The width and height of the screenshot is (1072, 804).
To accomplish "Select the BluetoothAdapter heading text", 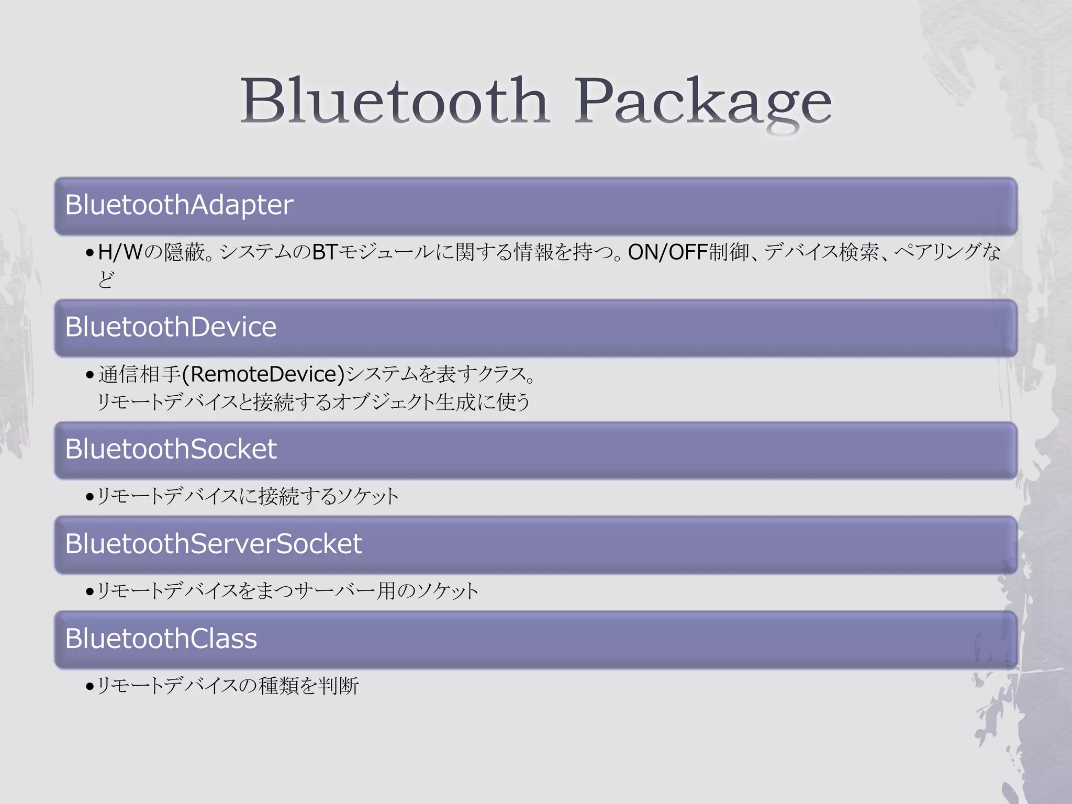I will point(179,205).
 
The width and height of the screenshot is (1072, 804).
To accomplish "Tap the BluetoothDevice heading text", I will point(171,327).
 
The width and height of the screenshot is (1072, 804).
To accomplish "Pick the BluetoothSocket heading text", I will point(171,449).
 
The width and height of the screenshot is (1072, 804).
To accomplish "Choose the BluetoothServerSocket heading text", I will point(214,544).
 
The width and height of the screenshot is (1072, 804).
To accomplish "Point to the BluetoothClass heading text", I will point(161,639).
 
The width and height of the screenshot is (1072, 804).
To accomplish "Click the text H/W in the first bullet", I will point(120,252).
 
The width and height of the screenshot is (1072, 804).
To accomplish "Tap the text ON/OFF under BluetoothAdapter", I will point(668,252).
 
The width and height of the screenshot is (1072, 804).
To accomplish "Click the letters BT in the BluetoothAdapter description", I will point(325,252).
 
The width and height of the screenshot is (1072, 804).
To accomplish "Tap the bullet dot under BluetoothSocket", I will point(90,497).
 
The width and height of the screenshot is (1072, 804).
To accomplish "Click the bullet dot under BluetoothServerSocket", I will point(90,592).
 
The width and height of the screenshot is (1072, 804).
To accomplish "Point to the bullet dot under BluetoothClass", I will point(90,687).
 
